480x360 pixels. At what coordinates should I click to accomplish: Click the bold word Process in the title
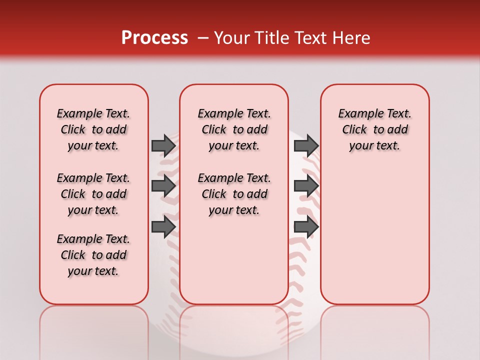(x=154, y=38)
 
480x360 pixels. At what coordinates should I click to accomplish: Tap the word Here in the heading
(x=350, y=38)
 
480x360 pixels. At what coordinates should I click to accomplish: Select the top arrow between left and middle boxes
(x=163, y=145)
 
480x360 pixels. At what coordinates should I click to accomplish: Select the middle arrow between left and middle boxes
(x=163, y=186)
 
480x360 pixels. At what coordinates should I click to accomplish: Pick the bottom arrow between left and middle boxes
(x=163, y=227)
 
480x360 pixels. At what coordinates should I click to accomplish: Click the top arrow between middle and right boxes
(x=306, y=145)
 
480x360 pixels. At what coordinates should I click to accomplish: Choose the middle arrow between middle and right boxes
(x=306, y=186)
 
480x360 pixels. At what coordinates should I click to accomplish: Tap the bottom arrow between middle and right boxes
(x=306, y=227)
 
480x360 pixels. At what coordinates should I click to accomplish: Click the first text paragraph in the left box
(x=93, y=129)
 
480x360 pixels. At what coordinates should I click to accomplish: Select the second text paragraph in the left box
(x=93, y=194)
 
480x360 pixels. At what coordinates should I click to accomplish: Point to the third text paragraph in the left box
(x=93, y=255)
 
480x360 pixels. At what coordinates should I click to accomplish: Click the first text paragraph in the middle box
(x=234, y=129)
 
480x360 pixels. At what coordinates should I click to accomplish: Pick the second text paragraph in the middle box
(x=234, y=194)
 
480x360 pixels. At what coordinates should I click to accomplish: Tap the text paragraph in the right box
(x=374, y=129)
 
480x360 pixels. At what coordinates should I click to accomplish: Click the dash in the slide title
(x=203, y=38)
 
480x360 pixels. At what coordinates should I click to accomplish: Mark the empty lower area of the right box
(x=374, y=235)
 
